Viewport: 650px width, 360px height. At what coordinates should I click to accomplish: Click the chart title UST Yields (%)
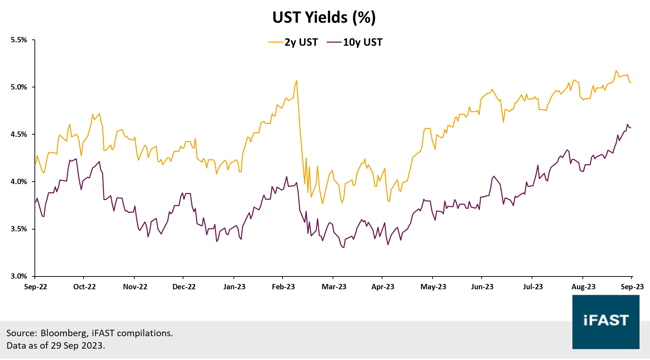324,17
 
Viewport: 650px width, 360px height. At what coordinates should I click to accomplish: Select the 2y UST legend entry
301,42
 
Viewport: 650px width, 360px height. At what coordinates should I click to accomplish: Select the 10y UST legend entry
362,42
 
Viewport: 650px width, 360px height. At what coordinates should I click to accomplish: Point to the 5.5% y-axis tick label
19,40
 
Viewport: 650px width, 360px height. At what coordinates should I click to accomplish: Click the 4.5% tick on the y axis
19,134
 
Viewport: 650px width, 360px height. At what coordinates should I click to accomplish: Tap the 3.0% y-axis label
19,276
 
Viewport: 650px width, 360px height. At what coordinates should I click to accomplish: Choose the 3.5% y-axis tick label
19,229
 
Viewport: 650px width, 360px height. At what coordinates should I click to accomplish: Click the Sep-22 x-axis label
36,287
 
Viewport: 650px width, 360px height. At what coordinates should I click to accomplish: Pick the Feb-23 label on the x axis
283,287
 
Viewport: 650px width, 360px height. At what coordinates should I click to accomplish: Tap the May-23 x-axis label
433,287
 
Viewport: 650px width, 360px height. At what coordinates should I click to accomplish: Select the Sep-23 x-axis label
632,287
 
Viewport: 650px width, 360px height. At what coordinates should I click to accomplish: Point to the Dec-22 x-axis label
184,287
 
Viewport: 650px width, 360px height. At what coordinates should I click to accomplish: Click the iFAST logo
606,322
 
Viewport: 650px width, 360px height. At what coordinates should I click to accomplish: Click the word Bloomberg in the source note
64,333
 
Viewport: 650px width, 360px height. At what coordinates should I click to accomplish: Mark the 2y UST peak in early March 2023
296,81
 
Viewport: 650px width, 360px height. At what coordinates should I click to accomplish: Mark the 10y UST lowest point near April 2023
344,247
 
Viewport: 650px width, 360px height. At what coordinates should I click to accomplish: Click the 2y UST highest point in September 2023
616,70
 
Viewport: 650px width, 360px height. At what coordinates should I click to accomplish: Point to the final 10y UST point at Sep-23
630,128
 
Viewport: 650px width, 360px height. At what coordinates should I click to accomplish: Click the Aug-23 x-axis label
583,287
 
